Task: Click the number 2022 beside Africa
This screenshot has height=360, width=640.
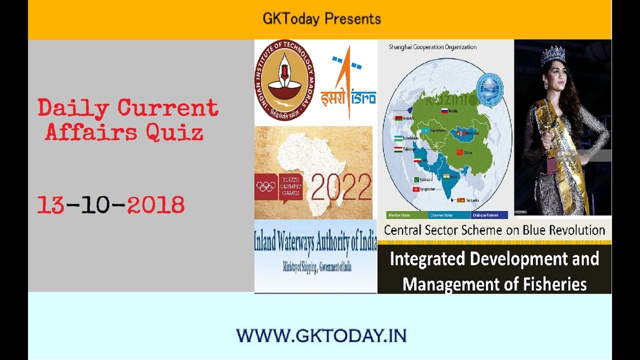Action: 341,186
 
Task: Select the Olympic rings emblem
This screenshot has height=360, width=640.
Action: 265,186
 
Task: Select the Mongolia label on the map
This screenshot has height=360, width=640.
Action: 469,133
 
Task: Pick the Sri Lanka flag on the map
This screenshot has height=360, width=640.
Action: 460,200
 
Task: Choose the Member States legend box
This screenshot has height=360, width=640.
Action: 407,215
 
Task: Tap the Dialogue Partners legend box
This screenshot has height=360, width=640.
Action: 489,215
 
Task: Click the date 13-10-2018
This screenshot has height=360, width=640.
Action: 110,205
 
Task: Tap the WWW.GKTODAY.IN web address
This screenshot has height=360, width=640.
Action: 321,335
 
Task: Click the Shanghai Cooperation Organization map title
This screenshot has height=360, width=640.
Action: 432,47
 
